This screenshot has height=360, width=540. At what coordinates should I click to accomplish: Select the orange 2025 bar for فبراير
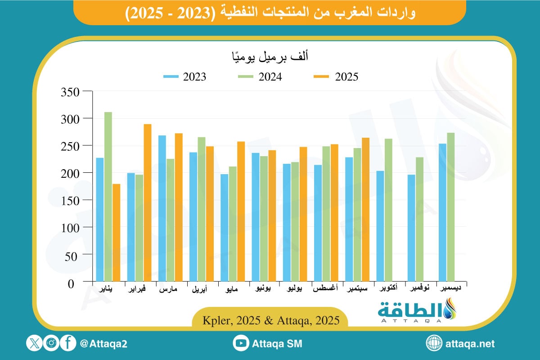(148, 203)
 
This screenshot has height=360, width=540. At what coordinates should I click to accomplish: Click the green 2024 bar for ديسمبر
(450, 207)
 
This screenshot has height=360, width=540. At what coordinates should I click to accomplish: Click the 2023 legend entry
(185, 76)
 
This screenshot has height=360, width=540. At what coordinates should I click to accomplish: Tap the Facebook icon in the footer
(68, 343)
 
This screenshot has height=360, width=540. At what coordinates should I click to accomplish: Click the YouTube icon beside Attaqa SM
(241, 343)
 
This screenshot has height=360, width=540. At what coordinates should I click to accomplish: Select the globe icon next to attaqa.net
(434, 343)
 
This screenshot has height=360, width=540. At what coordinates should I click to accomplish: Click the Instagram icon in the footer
(51, 343)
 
